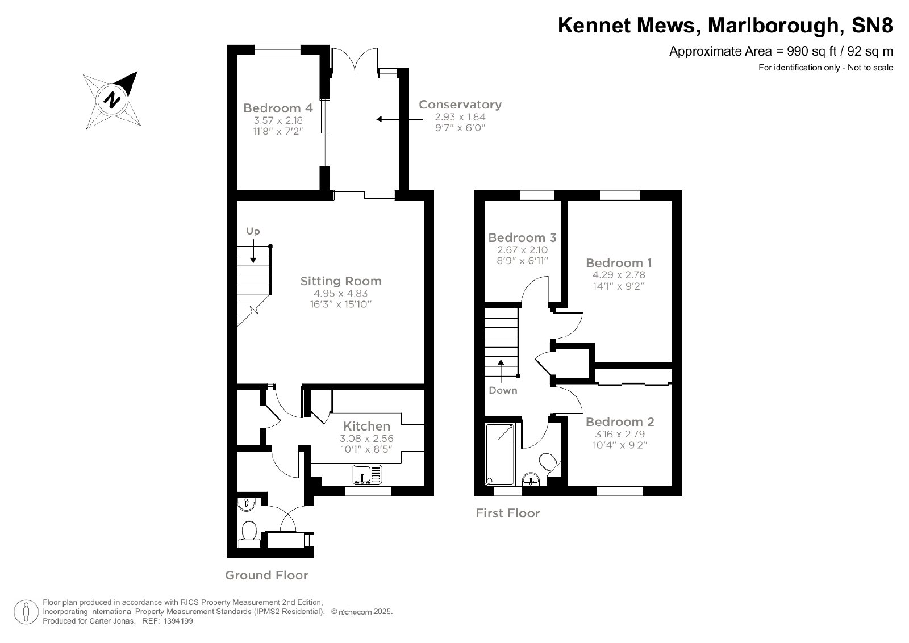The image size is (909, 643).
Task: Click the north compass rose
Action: (x=111, y=100)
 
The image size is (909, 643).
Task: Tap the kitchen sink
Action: (x=367, y=474)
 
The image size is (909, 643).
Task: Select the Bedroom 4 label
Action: (x=278, y=108)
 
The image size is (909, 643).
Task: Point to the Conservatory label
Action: (x=460, y=105)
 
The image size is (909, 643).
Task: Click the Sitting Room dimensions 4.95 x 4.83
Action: (x=340, y=293)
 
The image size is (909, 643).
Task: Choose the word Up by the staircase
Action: (x=253, y=231)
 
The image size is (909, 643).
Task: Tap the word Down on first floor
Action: (x=503, y=390)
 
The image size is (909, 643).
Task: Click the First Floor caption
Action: (x=508, y=513)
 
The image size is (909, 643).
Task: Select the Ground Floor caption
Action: (x=266, y=575)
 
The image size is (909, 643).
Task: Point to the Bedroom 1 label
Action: (x=619, y=263)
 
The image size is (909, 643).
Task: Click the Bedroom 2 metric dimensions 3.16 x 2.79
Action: (x=619, y=433)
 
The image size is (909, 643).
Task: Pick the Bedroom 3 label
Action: (x=522, y=237)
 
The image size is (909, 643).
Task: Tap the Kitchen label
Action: (x=366, y=426)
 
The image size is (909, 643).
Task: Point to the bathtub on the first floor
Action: (x=501, y=455)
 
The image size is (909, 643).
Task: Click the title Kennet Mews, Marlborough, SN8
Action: (x=725, y=25)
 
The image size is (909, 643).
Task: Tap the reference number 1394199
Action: (x=178, y=621)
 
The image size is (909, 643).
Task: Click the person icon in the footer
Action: (x=26, y=612)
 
